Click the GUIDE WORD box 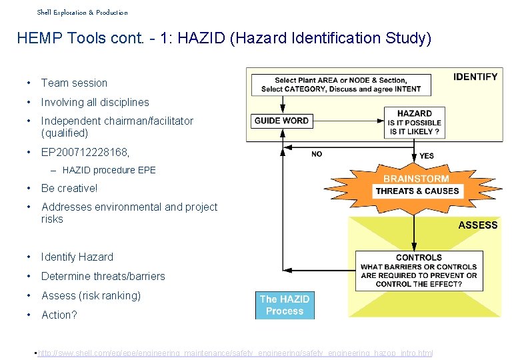tap(282, 121)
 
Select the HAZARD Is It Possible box tap(414, 123)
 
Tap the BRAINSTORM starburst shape tap(417, 185)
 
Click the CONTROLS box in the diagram tap(419, 271)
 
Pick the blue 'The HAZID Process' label tap(285, 305)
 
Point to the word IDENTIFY tap(475, 77)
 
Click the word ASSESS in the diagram tap(478, 225)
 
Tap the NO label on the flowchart tap(317, 154)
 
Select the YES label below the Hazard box tap(427, 156)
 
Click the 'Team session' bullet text tap(74, 83)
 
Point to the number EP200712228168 tap(85, 152)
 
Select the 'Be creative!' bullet tap(69, 189)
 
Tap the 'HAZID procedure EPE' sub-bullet tap(109, 170)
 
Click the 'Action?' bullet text tap(59, 315)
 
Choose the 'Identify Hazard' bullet tap(77, 257)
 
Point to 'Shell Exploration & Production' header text tap(82, 12)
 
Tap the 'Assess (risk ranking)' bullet tap(91, 295)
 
